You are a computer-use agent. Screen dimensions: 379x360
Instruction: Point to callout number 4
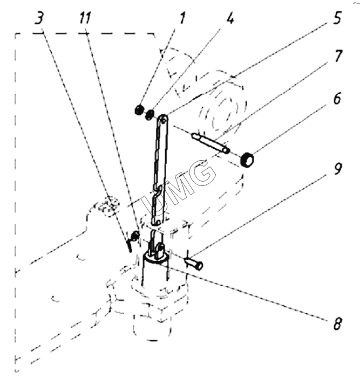click(x=230, y=19)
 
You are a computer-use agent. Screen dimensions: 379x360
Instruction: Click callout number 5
click(x=337, y=18)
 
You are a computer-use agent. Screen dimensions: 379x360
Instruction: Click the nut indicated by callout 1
click(x=139, y=110)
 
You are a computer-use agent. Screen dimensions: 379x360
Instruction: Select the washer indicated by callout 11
click(x=135, y=235)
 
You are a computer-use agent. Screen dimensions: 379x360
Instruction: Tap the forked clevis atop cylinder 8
click(x=155, y=249)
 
